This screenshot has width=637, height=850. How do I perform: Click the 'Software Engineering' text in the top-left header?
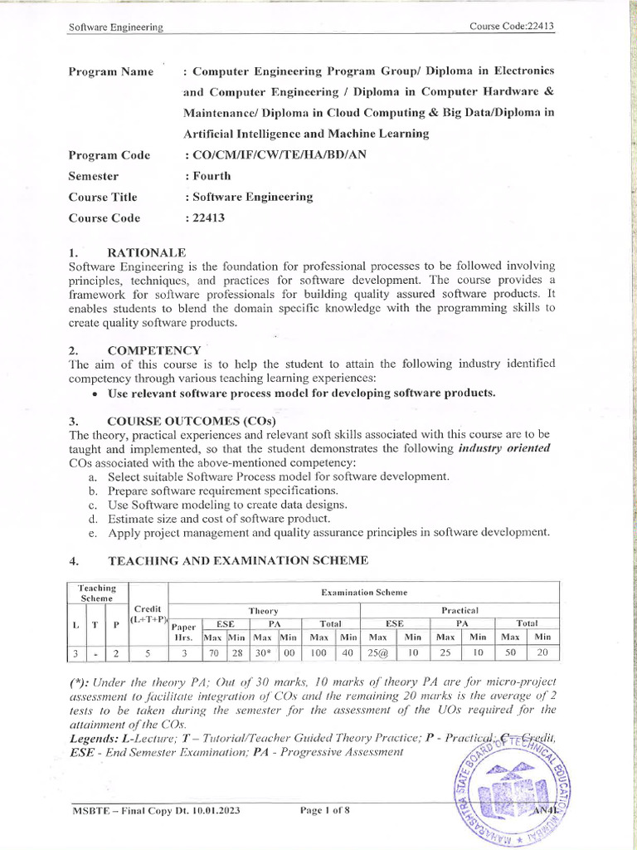[x=115, y=27]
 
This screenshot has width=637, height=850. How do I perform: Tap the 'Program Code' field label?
[x=109, y=155]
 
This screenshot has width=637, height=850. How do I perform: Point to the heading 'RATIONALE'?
[x=147, y=252]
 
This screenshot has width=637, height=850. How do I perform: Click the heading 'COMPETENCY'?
[x=154, y=350]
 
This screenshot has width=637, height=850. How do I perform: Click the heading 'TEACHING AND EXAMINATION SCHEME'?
[x=237, y=560]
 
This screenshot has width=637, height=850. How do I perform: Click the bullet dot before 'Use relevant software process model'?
[x=97, y=393]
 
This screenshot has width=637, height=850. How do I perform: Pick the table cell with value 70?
[x=213, y=653]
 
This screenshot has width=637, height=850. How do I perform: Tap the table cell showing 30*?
[x=263, y=653]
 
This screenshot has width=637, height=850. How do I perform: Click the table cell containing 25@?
[x=377, y=653]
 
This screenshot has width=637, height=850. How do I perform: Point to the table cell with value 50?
[x=510, y=653]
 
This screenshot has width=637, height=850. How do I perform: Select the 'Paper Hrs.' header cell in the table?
[x=184, y=632]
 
